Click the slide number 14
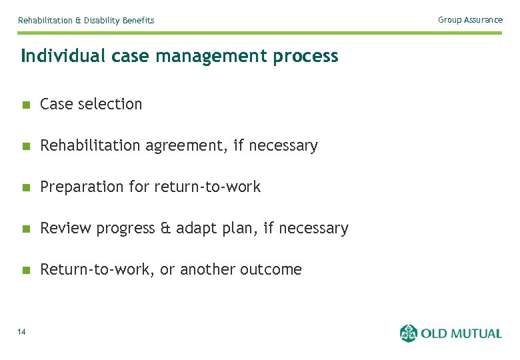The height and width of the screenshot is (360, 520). (22, 332)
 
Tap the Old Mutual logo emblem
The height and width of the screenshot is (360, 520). (409, 333)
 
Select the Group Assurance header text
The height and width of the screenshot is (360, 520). (470, 20)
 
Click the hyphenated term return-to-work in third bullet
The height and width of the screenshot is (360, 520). (207, 187)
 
